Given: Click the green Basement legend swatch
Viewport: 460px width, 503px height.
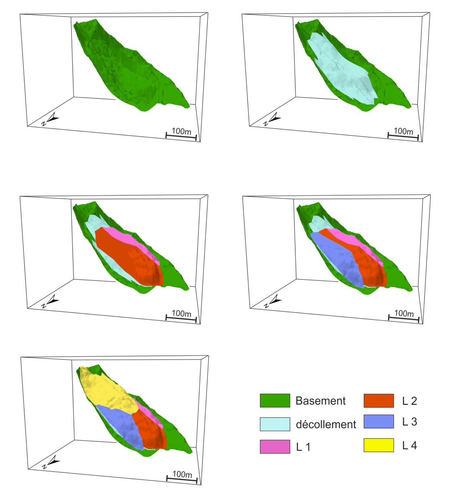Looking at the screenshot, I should coord(275,401).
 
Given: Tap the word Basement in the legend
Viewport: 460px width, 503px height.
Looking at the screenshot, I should coord(320,401).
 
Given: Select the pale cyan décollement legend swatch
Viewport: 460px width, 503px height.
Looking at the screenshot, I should coord(275,424).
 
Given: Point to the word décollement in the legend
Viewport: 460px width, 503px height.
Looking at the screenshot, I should coord(326,424).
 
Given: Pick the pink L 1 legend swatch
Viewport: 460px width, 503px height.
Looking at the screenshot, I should coord(275,447).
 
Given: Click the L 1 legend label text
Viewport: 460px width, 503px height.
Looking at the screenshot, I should coord(303,447).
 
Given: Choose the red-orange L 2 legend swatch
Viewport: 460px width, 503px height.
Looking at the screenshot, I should coord(378,401).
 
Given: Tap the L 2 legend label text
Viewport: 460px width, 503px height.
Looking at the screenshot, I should coord(409,401).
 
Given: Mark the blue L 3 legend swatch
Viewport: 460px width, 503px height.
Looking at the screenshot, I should coord(378,422).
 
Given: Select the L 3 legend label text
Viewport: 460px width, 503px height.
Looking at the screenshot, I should coord(409,422).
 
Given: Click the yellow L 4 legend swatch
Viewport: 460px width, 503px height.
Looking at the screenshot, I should coord(378,445).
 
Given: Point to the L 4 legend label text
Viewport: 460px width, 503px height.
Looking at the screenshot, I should coord(409,446).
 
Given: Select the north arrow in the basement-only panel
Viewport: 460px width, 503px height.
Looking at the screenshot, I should coord(51,119).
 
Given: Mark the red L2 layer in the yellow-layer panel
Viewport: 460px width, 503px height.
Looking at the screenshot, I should coord(151,430).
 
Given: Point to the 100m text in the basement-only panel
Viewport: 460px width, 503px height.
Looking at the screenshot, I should coord(181,131).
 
